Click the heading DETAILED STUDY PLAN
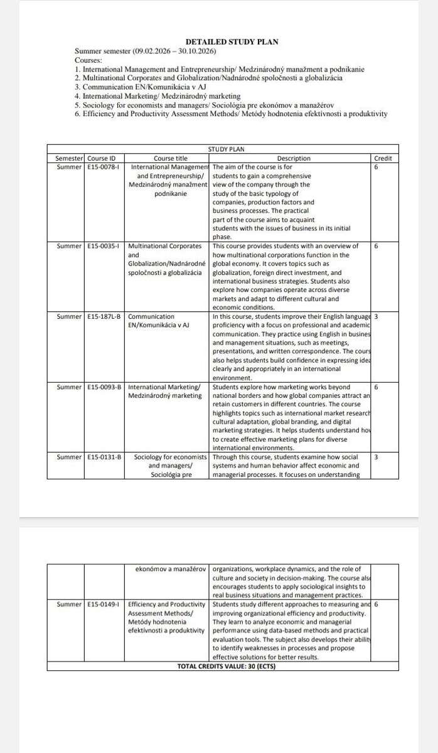click(x=232, y=42)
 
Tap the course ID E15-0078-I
click(x=104, y=168)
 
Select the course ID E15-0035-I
click(x=104, y=246)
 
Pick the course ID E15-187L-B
click(x=104, y=316)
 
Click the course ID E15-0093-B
click(x=104, y=387)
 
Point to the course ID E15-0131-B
click(x=104, y=457)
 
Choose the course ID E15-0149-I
click(x=104, y=604)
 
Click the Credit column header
click(x=383, y=158)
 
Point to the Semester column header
click(x=65, y=158)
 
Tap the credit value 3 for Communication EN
click(x=376, y=316)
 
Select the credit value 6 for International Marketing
click(x=376, y=387)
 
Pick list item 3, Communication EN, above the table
click(x=141, y=87)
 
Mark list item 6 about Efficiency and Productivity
click(x=230, y=114)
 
